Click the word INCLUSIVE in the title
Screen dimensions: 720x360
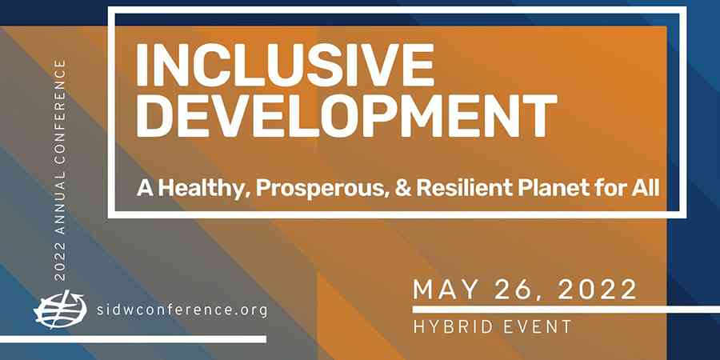tap(285, 66)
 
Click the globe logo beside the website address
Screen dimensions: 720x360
tap(60, 310)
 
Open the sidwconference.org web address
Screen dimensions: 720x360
tap(182, 310)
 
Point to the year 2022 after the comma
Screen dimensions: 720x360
tap(598, 290)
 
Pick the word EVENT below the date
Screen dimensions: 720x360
tap(538, 327)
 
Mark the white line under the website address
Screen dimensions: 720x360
tap(133, 339)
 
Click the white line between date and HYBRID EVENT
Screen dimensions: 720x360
tap(566, 310)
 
